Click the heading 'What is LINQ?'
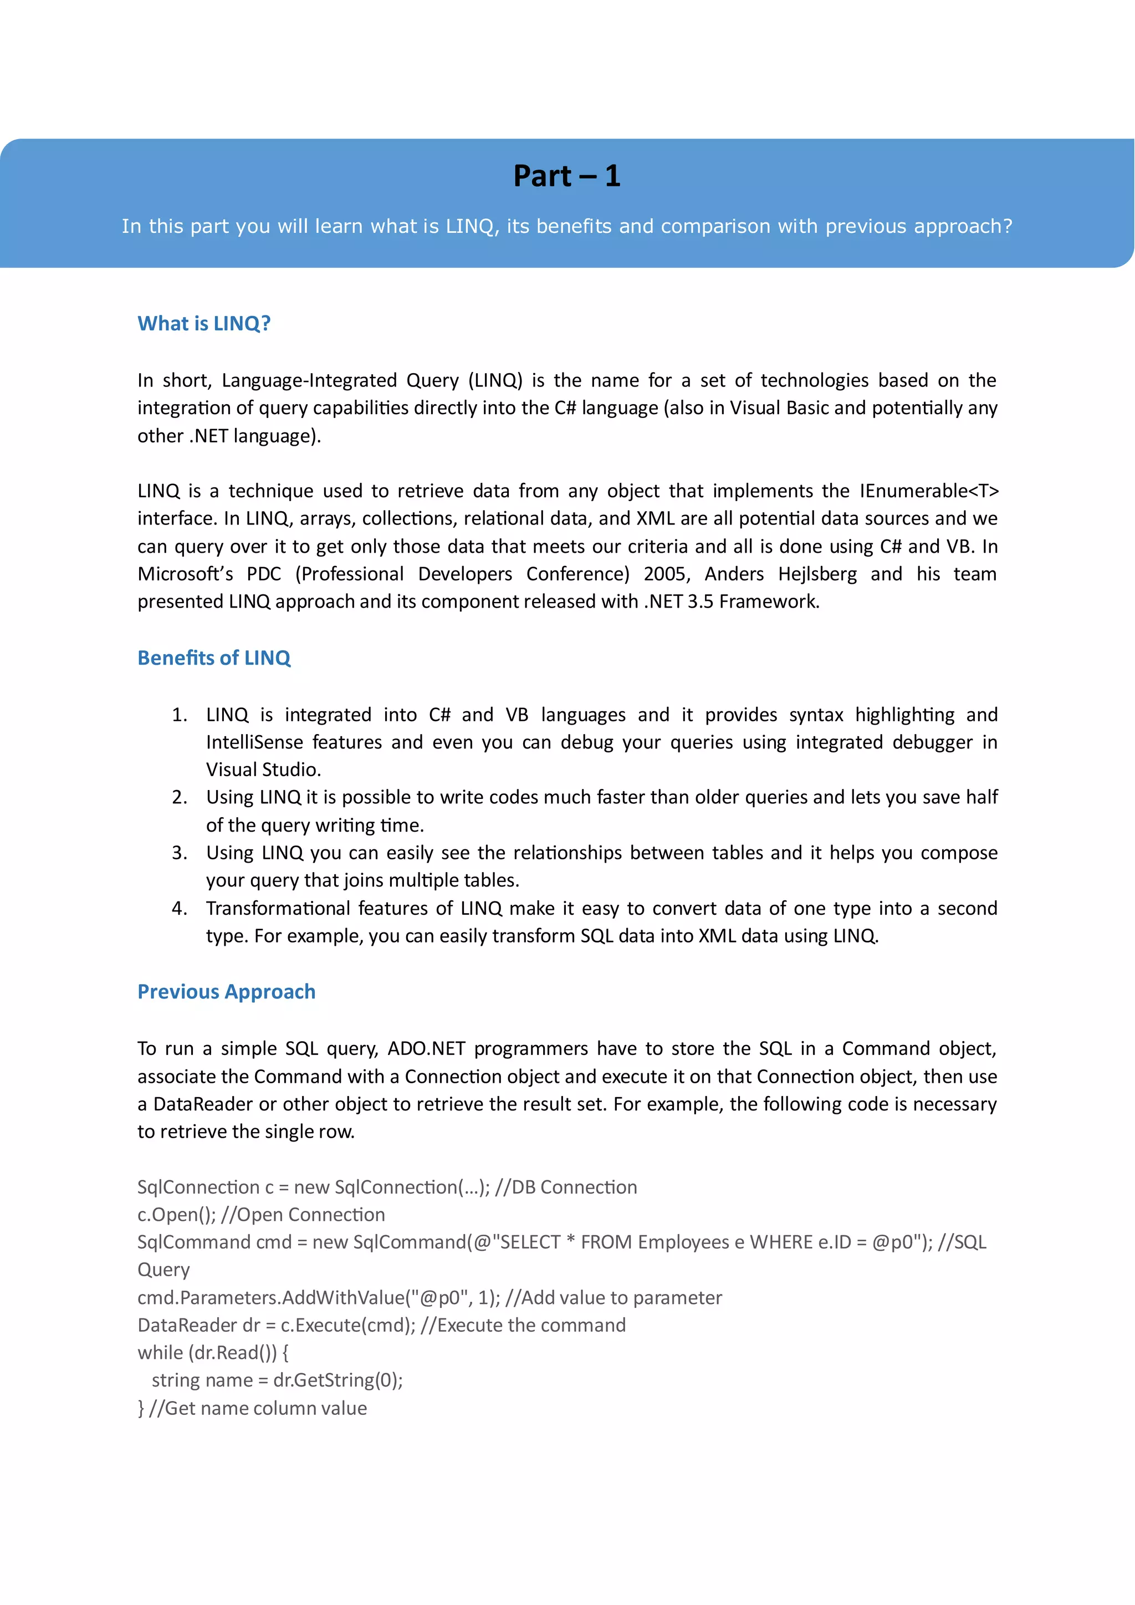[x=203, y=324]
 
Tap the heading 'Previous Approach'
[x=227, y=992]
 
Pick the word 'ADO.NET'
[x=426, y=1048]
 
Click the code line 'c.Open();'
[x=176, y=1215]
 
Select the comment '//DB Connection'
[x=565, y=1187]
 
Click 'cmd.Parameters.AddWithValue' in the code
[x=271, y=1298]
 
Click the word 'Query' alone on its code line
[x=163, y=1270]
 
